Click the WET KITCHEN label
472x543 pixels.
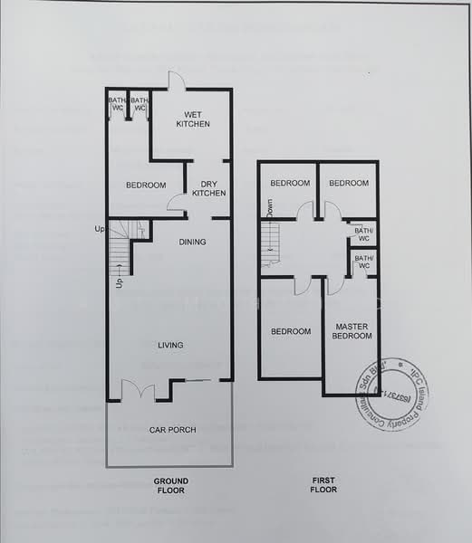click(x=192, y=119)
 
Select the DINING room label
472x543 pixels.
click(x=192, y=242)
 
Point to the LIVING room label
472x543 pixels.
click(x=170, y=345)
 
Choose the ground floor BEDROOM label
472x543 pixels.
click(x=146, y=186)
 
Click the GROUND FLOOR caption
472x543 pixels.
click(x=170, y=484)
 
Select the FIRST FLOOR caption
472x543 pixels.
click(x=323, y=484)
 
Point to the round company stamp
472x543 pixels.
click(x=391, y=395)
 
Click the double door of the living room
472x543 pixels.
click(x=139, y=391)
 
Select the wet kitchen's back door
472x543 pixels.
click(x=177, y=81)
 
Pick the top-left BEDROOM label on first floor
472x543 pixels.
click(x=290, y=183)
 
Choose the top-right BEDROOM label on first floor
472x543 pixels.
click(x=349, y=183)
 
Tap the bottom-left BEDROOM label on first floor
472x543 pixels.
click(x=291, y=330)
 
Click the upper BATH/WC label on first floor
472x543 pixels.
click(x=363, y=234)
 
